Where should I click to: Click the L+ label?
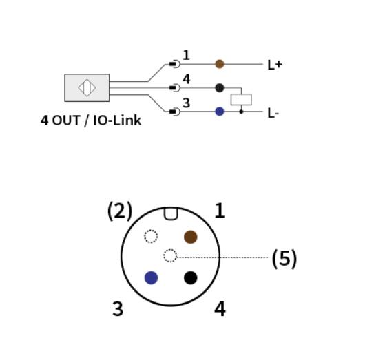click(x=275, y=65)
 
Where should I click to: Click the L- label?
click(x=273, y=113)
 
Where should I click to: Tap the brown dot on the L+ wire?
click(x=220, y=64)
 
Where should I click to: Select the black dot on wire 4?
click(x=220, y=88)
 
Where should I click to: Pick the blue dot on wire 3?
click(x=220, y=112)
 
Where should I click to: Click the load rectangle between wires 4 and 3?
click(x=241, y=100)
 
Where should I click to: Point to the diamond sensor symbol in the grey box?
click(x=87, y=87)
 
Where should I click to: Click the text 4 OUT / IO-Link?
click(x=91, y=120)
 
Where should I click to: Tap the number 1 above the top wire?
click(x=187, y=55)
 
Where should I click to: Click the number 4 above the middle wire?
click(x=187, y=79)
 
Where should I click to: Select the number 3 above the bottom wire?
click(x=187, y=103)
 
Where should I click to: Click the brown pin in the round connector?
click(x=191, y=237)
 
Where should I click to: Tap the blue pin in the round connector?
click(x=151, y=278)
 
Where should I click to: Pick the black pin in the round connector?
click(x=191, y=278)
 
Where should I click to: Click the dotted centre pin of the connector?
click(x=170, y=255)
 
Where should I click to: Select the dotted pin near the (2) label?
click(x=151, y=236)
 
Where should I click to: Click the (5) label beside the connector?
click(x=284, y=259)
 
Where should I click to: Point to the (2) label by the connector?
click(x=120, y=211)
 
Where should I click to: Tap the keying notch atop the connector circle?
click(x=171, y=213)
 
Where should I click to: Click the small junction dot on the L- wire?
click(x=241, y=112)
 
